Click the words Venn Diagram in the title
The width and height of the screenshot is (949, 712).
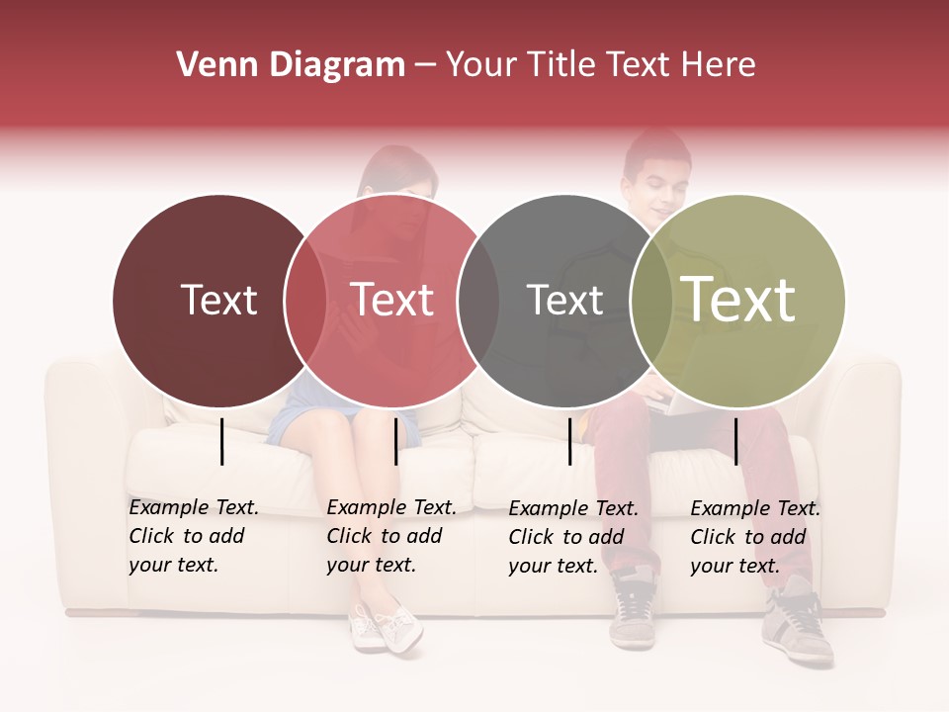291,65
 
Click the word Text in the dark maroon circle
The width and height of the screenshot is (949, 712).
219,300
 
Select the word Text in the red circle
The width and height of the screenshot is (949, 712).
391,300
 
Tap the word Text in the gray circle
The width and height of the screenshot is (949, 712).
564,300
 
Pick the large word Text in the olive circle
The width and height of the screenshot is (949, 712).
738,300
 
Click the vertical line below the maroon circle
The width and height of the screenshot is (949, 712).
222,441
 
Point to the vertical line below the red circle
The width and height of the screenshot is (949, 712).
395,441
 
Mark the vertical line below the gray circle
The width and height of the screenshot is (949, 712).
570,441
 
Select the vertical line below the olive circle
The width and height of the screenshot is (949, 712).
736,441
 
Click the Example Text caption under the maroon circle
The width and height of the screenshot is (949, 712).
193,536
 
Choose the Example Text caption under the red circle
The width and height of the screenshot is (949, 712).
390,536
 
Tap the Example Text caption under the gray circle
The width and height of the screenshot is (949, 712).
572,537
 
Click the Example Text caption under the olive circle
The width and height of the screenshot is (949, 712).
754,537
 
